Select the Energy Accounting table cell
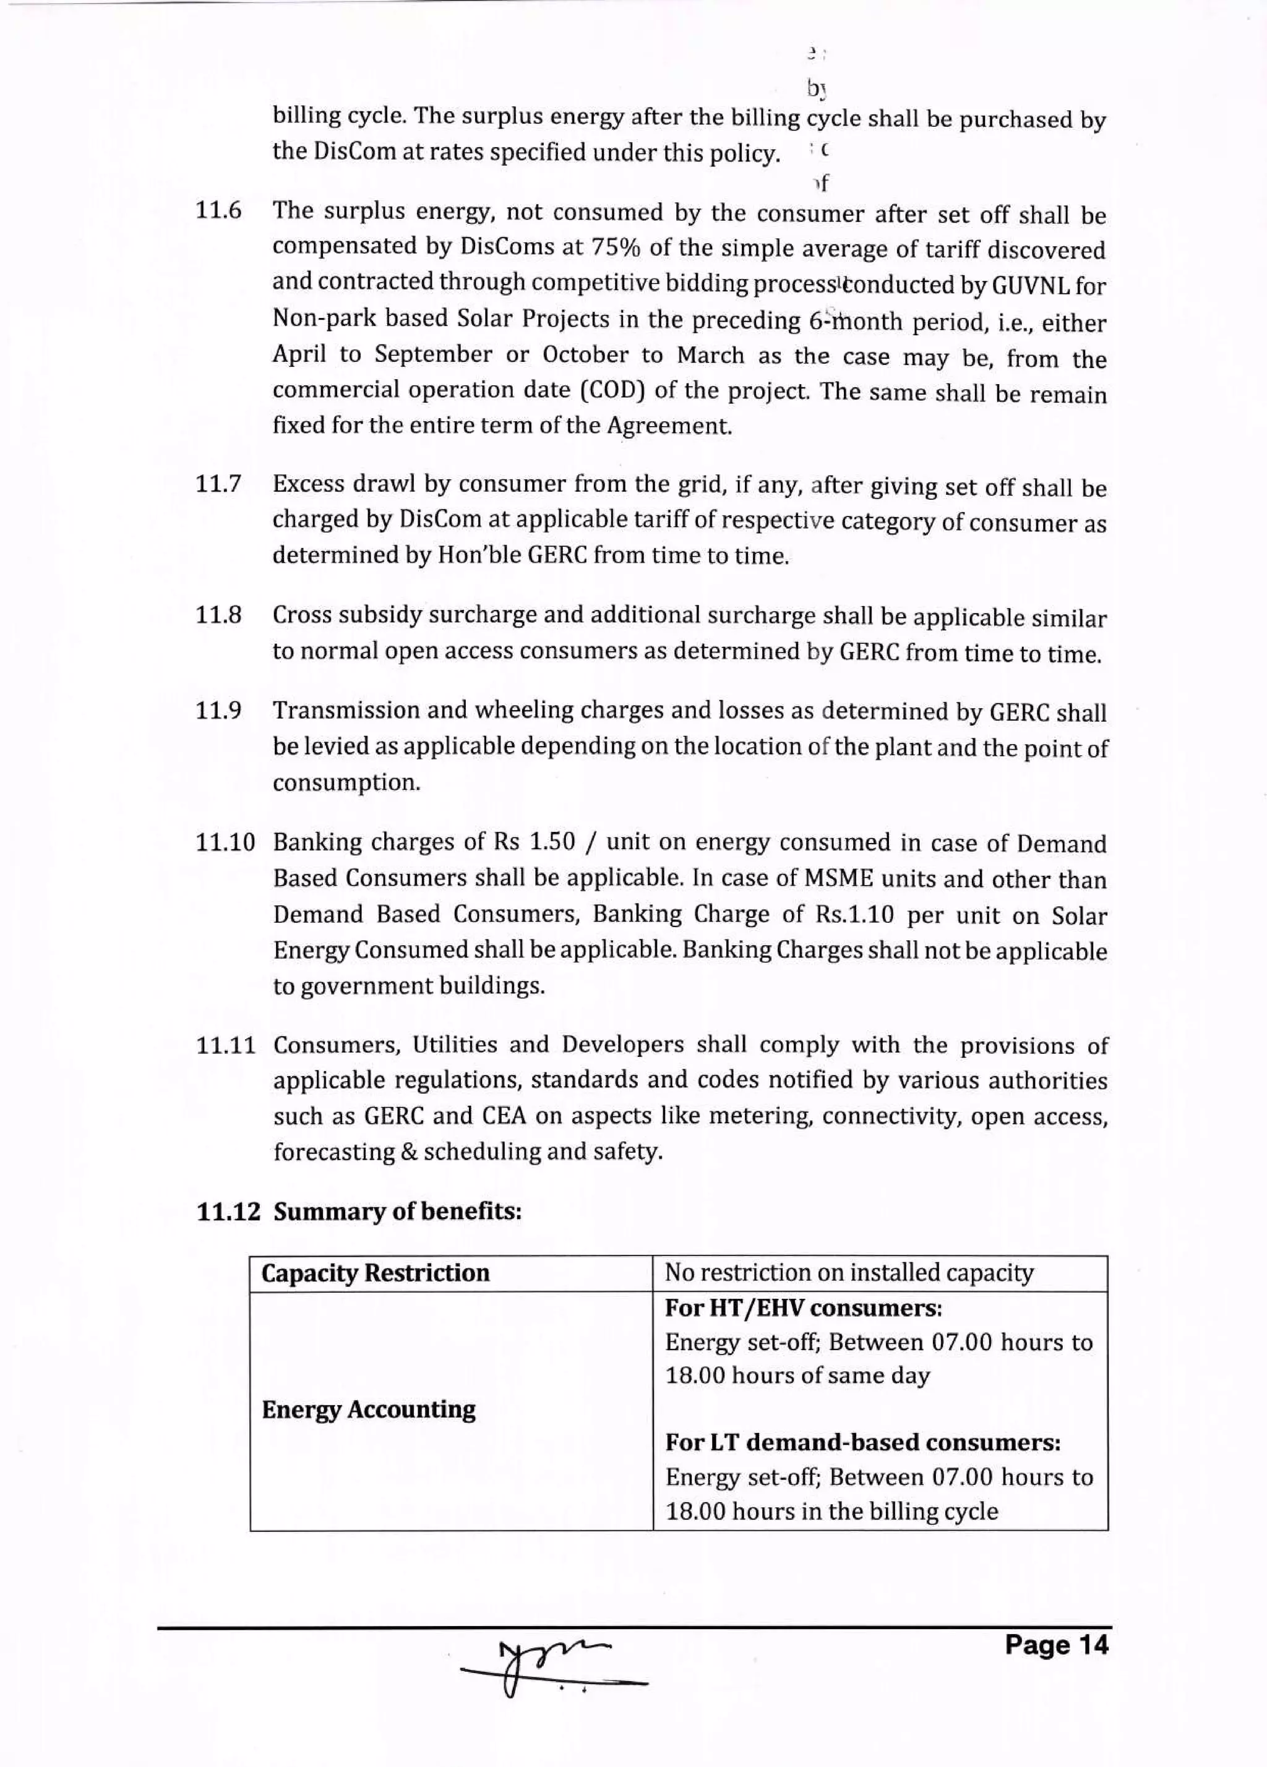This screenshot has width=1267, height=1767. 369,1410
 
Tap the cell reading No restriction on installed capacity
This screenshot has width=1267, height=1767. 849,1273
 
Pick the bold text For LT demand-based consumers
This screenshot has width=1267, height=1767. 862,1442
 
